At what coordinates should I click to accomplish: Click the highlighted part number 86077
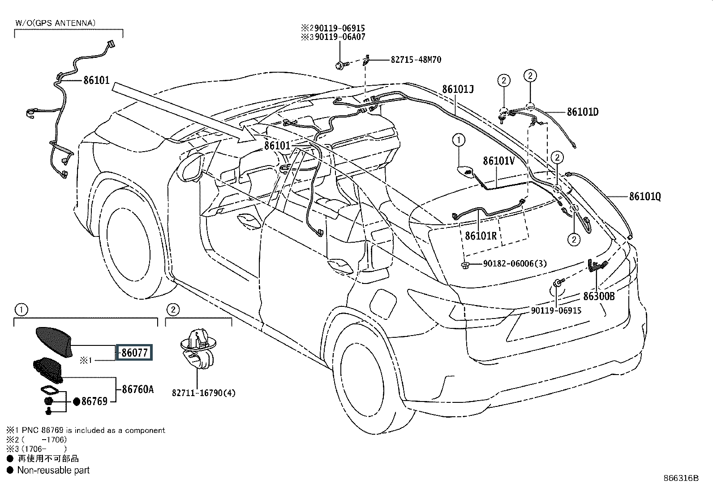pos(134,353)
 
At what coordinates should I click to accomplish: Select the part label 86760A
pos(137,389)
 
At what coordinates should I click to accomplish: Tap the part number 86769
pos(94,401)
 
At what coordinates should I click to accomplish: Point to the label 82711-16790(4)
pos(203,393)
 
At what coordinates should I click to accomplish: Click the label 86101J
pos(458,89)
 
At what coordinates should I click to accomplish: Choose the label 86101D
pos(583,112)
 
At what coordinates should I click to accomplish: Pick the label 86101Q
pos(645,196)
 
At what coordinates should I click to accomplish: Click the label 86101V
pos(498,161)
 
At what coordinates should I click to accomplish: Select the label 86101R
pos(481,235)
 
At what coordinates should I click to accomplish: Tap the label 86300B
pos(598,296)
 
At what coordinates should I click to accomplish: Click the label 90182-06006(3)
pos(515,264)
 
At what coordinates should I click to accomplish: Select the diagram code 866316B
pos(681,478)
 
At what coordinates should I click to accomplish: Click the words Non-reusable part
pos(53,470)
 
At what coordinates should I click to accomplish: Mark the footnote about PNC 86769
pos(85,430)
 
